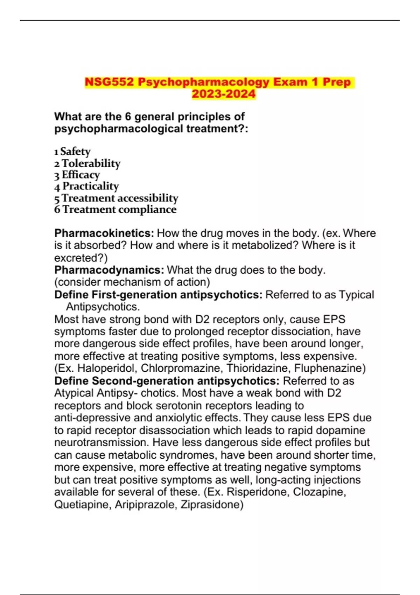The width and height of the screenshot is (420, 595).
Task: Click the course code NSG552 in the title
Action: pos(109,82)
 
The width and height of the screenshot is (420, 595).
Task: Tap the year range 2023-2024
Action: pos(224,94)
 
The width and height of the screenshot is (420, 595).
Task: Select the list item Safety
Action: pos(75,152)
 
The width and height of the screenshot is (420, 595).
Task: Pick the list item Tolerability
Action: pos(91,163)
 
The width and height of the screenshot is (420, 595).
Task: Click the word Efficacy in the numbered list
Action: pos(81,175)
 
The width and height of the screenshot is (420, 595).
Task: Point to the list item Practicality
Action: pos(91,186)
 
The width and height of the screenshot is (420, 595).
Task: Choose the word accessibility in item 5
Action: pos(148,198)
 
